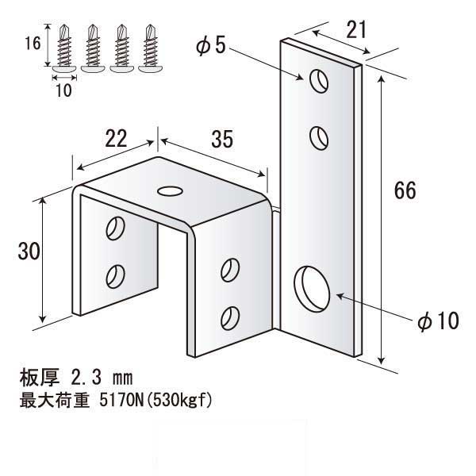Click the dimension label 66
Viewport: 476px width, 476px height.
click(x=405, y=190)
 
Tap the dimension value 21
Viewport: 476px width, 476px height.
click(x=356, y=30)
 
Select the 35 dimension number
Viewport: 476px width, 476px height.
click(x=222, y=140)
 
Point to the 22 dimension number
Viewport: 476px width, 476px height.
click(x=116, y=139)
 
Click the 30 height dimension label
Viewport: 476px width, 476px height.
click(x=29, y=251)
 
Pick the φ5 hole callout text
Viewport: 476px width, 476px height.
click(x=211, y=46)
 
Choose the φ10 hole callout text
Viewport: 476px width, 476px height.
click(x=439, y=321)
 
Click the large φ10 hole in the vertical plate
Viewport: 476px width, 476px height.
click(x=312, y=289)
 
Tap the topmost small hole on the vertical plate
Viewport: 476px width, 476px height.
click(x=319, y=81)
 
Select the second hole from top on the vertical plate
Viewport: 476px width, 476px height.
click(x=319, y=138)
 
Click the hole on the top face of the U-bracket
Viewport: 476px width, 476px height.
click(x=170, y=191)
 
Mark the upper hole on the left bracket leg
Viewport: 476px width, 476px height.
click(x=115, y=228)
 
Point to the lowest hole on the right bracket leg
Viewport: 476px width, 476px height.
click(x=230, y=318)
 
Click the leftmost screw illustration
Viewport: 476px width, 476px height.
click(x=64, y=48)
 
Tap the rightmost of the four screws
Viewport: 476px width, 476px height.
click(x=150, y=48)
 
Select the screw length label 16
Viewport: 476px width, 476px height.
click(x=33, y=43)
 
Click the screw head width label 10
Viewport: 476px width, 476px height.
click(x=63, y=90)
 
